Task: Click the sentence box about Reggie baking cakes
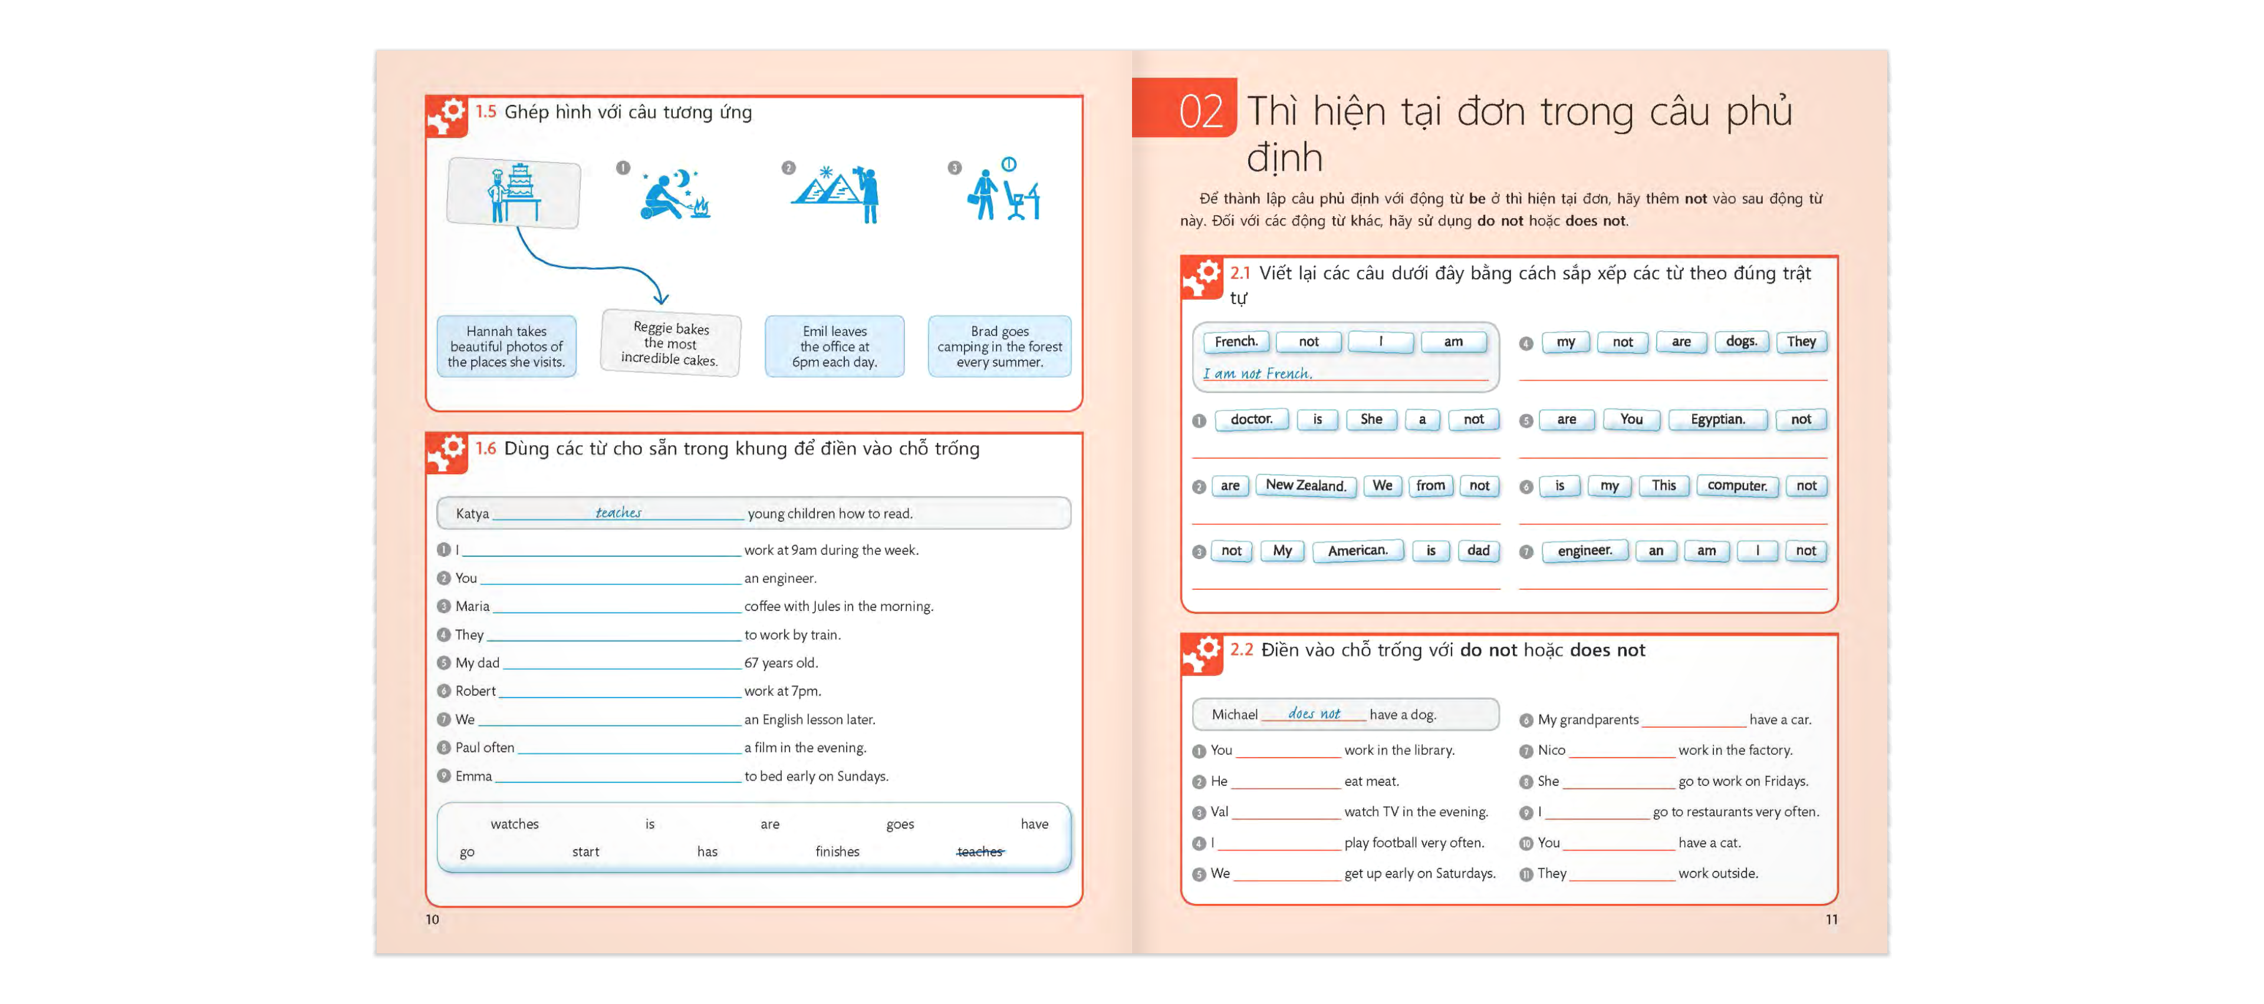(670, 344)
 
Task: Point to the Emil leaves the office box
(834, 346)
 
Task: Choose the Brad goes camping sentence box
(999, 346)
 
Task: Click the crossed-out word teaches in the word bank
(979, 851)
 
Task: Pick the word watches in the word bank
(514, 824)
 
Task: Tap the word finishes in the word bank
(837, 851)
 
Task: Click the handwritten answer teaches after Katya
(618, 512)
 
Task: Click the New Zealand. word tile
(1305, 486)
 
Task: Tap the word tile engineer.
(1585, 551)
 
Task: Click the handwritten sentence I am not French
(1257, 374)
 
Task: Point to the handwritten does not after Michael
(1314, 714)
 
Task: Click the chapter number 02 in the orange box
(1200, 111)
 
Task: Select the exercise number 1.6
(486, 448)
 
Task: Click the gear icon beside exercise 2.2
(1202, 653)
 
